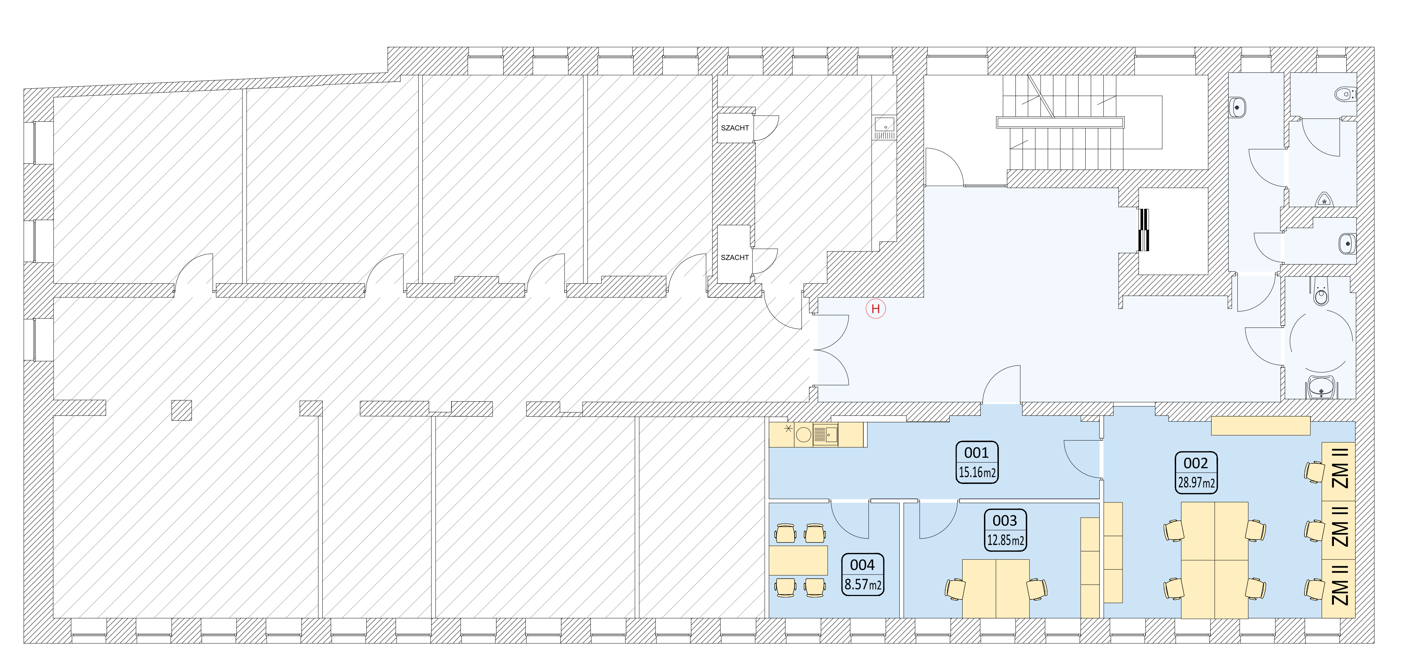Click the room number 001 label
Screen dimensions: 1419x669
pyautogui.click(x=976, y=453)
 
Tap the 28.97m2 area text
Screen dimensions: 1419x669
pyautogui.click(x=1196, y=483)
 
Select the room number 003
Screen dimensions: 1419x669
pyautogui.click(x=1005, y=520)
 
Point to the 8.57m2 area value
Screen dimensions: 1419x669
pyautogui.click(x=863, y=584)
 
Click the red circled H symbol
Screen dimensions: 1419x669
pyautogui.click(x=875, y=309)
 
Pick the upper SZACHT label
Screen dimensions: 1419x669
pyautogui.click(x=735, y=128)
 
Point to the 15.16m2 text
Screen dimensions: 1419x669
pyautogui.click(x=976, y=473)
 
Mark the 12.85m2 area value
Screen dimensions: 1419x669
pyautogui.click(x=1005, y=540)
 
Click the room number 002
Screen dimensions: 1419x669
pyautogui.click(x=1196, y=463)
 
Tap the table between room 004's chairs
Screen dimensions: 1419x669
pyautogui.click(x=798, y=561)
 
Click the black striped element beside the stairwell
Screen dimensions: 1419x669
pyautogui.click(x=1143, y=230)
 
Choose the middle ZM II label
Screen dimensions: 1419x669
pyautogui.click(x=1340, y=526)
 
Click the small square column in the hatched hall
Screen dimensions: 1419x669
pyautogui.click(x=181, y=410)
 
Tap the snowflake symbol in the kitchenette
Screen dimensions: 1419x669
pyautogui.click(x=788, y=428)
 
